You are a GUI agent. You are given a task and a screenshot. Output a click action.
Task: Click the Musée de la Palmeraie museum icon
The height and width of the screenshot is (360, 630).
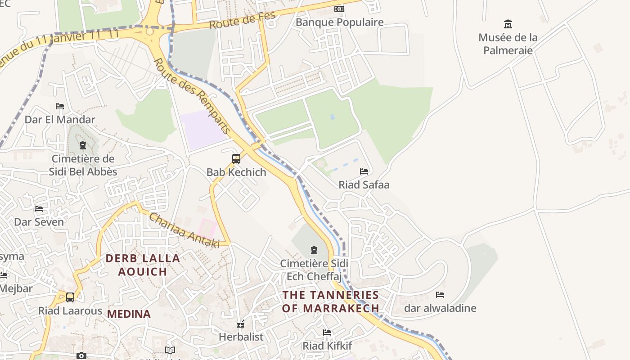point(508,24)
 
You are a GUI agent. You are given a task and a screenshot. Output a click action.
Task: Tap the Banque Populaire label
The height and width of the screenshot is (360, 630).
point(339,22)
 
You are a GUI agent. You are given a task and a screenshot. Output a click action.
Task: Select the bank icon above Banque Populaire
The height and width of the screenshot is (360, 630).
point(339,9)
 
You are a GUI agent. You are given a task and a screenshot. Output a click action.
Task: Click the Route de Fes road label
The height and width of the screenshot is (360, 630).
point(242,20)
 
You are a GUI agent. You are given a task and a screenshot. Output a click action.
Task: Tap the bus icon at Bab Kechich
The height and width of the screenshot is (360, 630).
point(236,159)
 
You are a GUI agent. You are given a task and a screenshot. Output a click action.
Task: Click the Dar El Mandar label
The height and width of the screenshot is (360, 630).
point(60,120)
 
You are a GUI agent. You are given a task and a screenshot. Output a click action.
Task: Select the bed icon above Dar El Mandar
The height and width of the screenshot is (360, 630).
point(60,106)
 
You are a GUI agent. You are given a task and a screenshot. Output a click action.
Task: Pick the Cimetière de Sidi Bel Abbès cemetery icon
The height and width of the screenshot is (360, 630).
point(83,145)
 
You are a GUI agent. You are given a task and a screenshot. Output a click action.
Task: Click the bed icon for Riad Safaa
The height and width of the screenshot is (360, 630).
point(364,171)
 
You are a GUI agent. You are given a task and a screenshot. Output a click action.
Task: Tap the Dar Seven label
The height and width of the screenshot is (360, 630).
point(39,222)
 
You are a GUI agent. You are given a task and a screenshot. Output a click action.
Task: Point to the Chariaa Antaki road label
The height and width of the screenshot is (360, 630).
point(184,230)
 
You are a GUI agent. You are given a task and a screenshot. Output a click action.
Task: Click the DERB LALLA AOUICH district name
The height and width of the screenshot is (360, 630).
point(143,265)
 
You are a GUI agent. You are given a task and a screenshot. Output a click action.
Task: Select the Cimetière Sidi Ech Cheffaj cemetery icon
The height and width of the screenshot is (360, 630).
point(314,250)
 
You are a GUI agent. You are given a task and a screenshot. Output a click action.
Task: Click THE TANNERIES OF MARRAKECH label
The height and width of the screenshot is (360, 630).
point(331,301)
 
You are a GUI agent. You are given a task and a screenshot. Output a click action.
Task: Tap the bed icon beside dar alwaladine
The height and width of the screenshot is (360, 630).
point(440,295)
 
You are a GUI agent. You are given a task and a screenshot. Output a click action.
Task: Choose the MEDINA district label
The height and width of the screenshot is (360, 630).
point(129,314)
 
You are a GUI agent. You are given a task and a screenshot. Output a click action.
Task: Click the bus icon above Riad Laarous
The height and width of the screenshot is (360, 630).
point(70,297)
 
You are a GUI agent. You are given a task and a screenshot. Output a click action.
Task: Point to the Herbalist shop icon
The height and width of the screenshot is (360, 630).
point(241,324)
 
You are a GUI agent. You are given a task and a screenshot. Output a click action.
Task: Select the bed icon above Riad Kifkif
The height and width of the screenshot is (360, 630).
point(327,333)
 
